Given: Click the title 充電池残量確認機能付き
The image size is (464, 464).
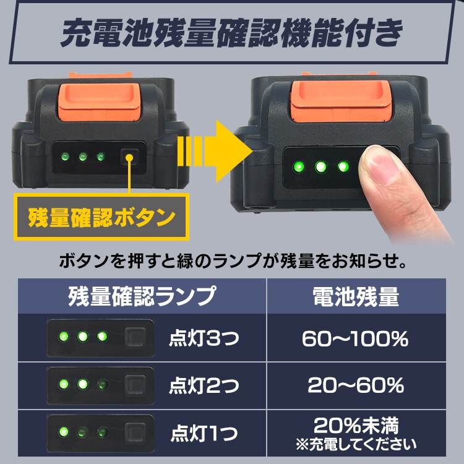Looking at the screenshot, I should (232, 34).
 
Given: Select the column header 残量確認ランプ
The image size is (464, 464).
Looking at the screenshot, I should (142, 296).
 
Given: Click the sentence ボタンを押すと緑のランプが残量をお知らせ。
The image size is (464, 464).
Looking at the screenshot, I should (232, 260).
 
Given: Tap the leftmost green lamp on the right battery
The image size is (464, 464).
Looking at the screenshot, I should (298, 166).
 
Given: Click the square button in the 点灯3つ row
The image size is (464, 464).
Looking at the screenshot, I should (134, 337).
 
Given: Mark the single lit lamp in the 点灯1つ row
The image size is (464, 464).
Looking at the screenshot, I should (62, 431).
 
